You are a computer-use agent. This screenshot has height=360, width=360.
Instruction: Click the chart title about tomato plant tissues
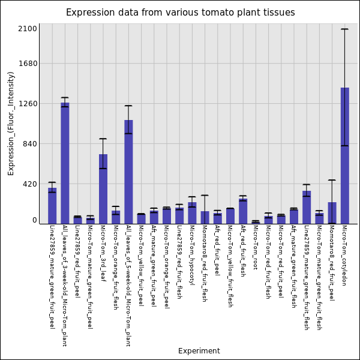tap(180, 13)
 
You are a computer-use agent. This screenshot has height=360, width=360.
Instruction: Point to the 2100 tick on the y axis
tap(28, 29)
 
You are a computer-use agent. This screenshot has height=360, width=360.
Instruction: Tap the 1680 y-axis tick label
tap(28, 64)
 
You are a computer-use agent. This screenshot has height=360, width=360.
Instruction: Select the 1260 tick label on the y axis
tap(28, 104)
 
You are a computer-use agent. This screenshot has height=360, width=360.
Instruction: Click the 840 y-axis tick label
tap(29, 144)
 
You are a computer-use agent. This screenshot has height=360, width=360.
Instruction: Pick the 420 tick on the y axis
tap(29, 184)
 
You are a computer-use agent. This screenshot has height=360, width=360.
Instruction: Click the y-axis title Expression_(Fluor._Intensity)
tap(11, 123)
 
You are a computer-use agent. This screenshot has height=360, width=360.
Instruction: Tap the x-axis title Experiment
tap(199, 351)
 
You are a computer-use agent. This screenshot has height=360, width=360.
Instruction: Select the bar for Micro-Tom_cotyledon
tap(345, 155)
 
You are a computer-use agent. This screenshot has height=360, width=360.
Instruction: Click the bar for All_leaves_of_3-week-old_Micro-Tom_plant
tap(65, 163)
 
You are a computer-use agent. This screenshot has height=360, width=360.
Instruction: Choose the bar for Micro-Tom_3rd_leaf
tap(103, 188)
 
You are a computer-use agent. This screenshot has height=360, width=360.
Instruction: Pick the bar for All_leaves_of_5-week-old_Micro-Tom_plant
tap(128, 172)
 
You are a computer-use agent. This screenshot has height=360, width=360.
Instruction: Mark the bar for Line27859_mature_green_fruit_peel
tap(52, 205)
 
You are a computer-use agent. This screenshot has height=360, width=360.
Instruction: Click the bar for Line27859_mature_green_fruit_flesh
tap(307, 207)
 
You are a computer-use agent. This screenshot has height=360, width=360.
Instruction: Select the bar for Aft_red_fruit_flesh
tap(243, 211)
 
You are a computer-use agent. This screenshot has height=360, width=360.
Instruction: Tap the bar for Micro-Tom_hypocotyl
tap(192, 212)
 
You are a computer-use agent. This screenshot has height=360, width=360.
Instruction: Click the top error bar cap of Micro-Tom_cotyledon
tap(345, 29)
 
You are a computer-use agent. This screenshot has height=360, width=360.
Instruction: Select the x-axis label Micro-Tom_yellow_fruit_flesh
tap(230, 266)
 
